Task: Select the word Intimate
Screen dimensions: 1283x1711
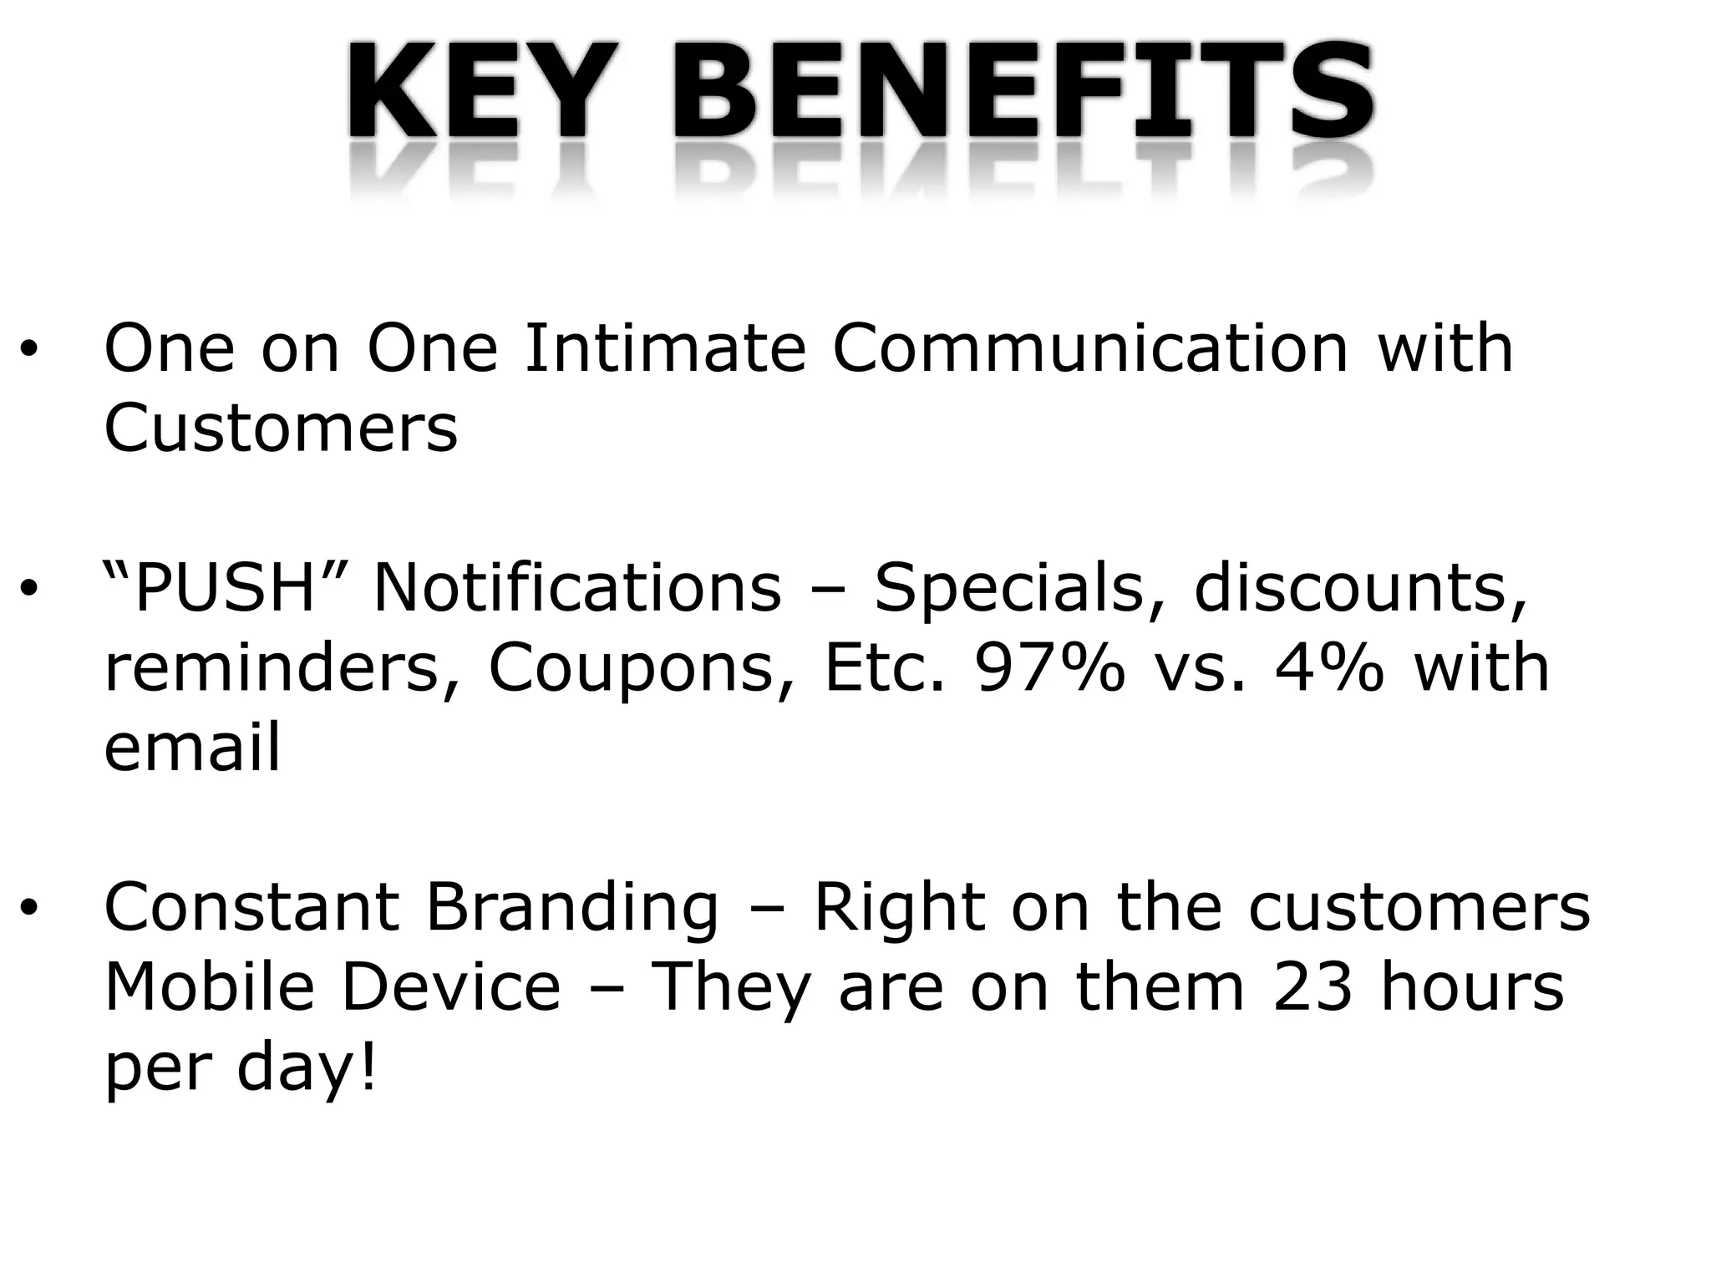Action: click(x=664, y=348)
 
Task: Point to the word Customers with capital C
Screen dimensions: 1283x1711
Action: click(x=281, y=428)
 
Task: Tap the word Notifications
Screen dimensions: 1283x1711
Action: click(x=576, y=587)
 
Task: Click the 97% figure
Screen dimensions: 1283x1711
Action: click(x=1050, y=668)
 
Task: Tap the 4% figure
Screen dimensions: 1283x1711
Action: click(x=1328, y=668)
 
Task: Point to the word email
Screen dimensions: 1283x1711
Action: click(x=192, y=748)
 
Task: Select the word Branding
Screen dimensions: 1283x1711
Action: click(x=571, y=908)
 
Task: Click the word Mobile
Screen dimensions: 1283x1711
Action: click(x=209, y=987)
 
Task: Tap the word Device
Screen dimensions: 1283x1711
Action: click(x=451, y=987)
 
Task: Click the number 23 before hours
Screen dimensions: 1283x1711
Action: click(x=1312, y=987)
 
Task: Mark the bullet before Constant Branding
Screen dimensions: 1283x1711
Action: click(x=30, y=910)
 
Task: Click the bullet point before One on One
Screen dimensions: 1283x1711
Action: click(x=30, y=350)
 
